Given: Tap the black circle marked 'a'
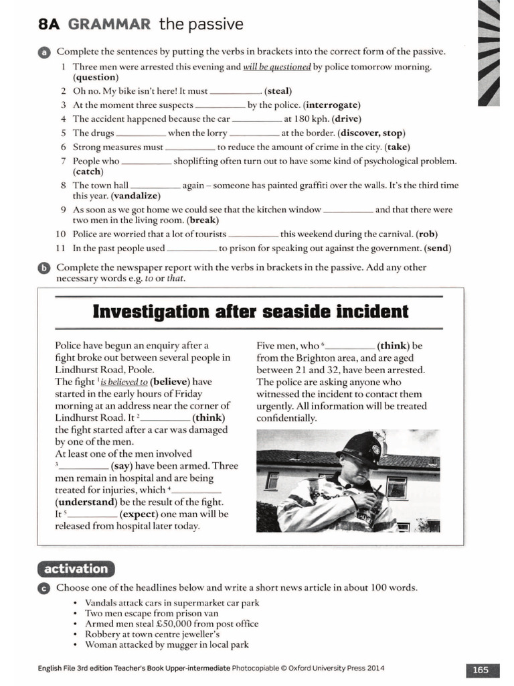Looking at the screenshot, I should (x=44, y=52).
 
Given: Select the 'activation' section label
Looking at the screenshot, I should (x=76, y=569).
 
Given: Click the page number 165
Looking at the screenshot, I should (x=480, y=669).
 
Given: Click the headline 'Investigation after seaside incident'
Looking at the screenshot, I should (x=250, y=312).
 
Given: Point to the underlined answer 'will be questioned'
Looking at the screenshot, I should (x=276, y=67).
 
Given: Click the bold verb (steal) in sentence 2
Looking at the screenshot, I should (x=278, y=91).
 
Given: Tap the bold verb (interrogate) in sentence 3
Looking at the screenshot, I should (x=332, y=105).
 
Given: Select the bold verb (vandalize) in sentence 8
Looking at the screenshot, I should (x=136, y=196).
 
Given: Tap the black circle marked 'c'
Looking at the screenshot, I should (x=44, y=588).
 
